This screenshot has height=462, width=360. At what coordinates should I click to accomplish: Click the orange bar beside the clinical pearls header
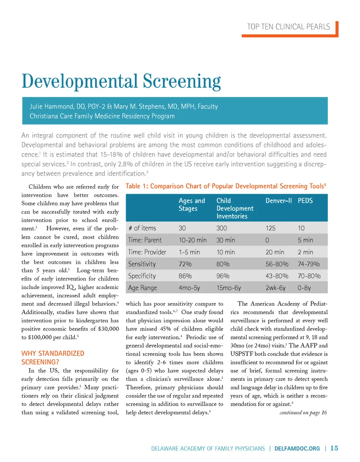(x=336, y=28)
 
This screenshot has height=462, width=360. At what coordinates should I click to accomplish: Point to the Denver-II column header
(x=278, y=201)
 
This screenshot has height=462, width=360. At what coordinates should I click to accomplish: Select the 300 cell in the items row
(x=222, y=228)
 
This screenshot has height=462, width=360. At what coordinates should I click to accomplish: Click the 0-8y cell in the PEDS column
(x=306, y=288)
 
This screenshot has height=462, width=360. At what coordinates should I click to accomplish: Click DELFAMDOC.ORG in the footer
(x=298, y=448)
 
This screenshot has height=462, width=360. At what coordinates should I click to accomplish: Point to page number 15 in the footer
(x=334, y=448)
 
